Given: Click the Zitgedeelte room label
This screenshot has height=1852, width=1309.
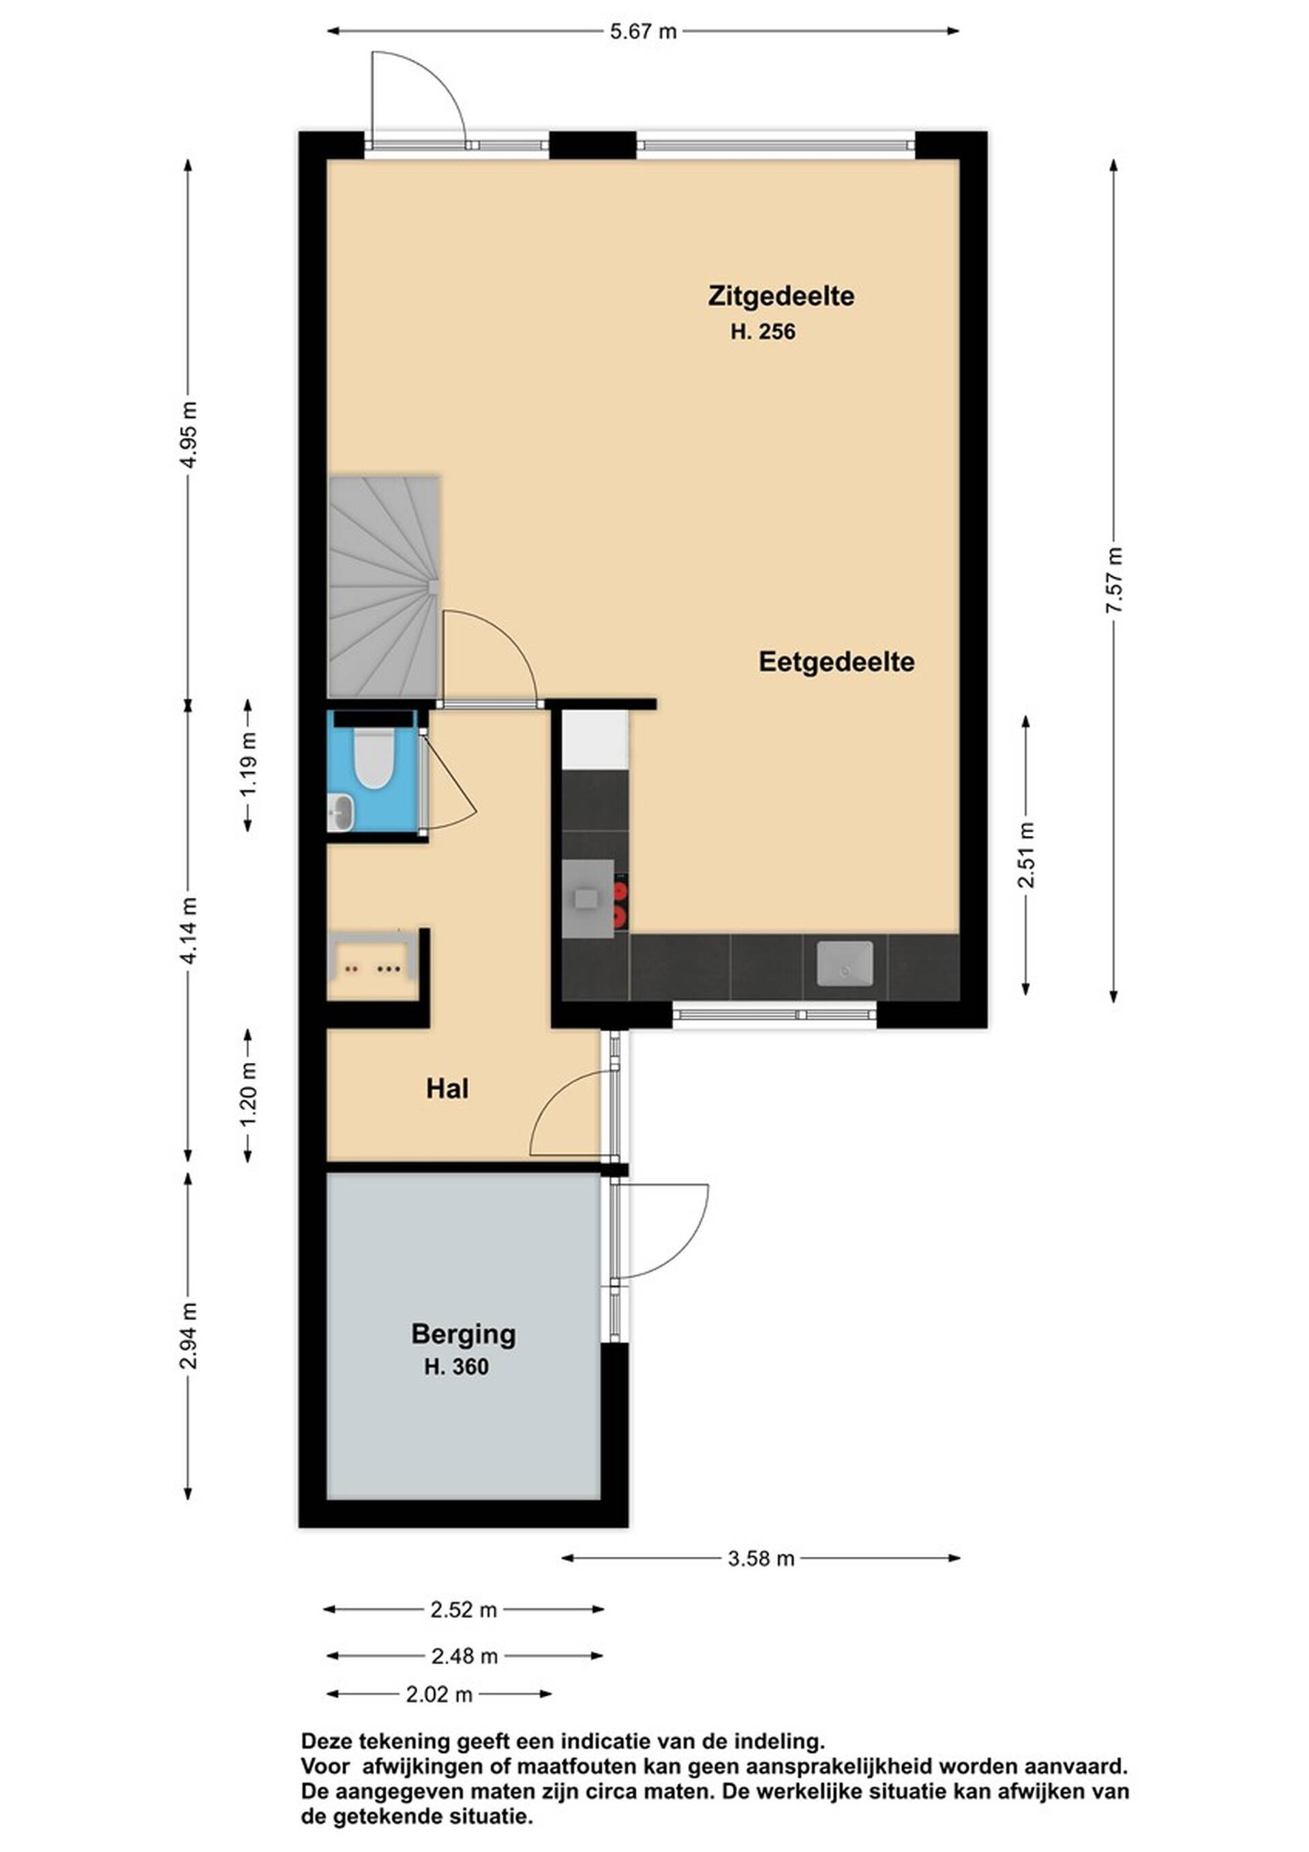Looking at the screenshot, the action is point(781,296).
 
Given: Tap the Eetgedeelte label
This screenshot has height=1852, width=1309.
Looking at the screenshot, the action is point(837,662).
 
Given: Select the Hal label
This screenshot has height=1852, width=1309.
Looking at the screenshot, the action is point(448,1090).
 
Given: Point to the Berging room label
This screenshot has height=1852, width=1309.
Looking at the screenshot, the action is point(463,1334).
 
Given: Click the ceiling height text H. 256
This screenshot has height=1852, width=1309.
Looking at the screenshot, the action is point(763,331).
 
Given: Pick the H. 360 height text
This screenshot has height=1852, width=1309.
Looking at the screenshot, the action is point(457,1367).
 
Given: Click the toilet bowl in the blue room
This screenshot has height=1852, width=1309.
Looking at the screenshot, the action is point(373,758).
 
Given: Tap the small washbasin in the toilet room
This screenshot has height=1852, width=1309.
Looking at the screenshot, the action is point(340,811).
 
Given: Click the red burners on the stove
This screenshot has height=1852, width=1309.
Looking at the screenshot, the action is point(620,903).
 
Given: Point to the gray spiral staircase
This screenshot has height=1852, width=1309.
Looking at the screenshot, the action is point(384,587).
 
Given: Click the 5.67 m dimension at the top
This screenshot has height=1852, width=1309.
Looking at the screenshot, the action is point(643,32).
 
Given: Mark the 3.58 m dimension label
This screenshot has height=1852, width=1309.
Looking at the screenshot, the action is point(762,1559).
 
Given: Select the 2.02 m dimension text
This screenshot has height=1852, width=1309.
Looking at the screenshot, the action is point(439,1694).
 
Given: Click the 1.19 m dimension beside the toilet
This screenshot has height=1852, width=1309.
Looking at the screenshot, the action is point(247,764).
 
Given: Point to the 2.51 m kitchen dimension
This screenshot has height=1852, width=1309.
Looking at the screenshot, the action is point(1026,855).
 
